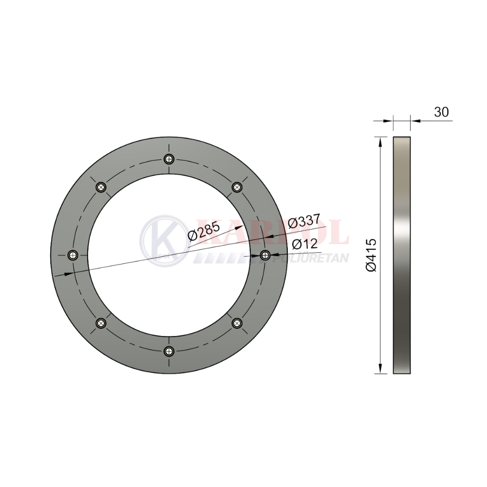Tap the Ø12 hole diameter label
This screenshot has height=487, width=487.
(305, 244)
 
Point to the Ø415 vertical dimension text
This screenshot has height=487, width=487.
(371, 255)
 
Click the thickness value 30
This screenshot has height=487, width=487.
(441, 112)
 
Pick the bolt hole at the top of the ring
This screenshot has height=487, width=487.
(169, 159)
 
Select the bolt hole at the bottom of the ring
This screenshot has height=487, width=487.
(169, 351)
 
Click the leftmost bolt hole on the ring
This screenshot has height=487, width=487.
(73, 255)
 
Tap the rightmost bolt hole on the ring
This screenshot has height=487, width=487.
(265, 255)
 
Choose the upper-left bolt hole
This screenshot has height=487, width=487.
(101, 187)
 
